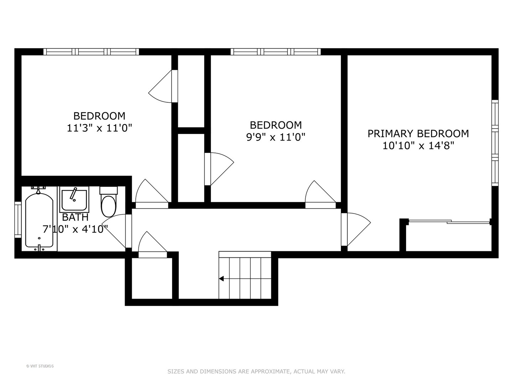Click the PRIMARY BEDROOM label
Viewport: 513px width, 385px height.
418,134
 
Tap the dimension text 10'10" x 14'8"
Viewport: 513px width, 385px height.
418,146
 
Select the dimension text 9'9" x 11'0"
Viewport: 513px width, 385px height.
276,137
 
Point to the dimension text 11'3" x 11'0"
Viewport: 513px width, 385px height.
99,128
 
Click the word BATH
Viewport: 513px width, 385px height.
75,217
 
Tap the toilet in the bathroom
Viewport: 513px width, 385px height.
108,203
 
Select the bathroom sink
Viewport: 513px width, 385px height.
74,200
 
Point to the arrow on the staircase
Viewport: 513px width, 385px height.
222,279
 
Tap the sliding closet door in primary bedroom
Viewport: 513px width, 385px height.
450,222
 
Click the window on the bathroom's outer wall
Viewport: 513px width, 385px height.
17,220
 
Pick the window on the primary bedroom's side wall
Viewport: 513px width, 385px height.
495,143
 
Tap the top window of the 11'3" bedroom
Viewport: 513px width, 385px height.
91,52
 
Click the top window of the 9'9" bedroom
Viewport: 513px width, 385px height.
275,52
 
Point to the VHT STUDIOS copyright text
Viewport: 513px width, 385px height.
40,366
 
